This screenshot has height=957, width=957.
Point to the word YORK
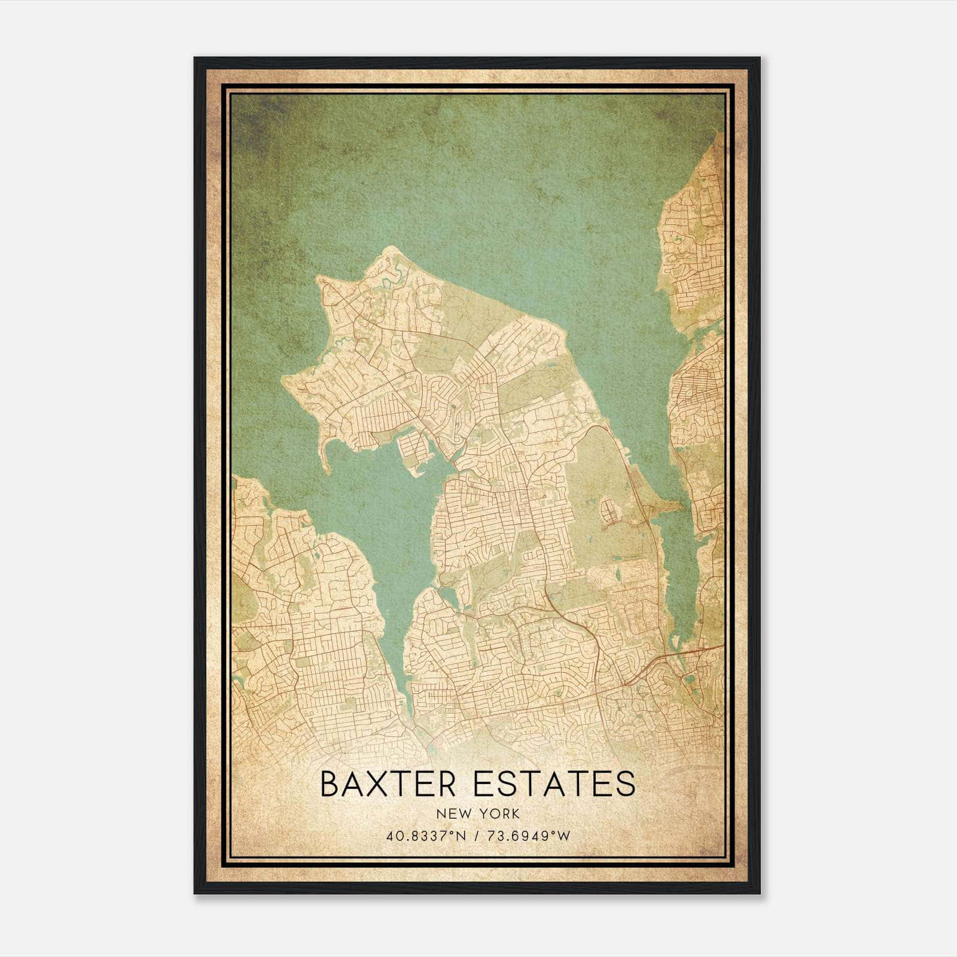501,814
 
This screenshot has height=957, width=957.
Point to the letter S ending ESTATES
625,785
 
